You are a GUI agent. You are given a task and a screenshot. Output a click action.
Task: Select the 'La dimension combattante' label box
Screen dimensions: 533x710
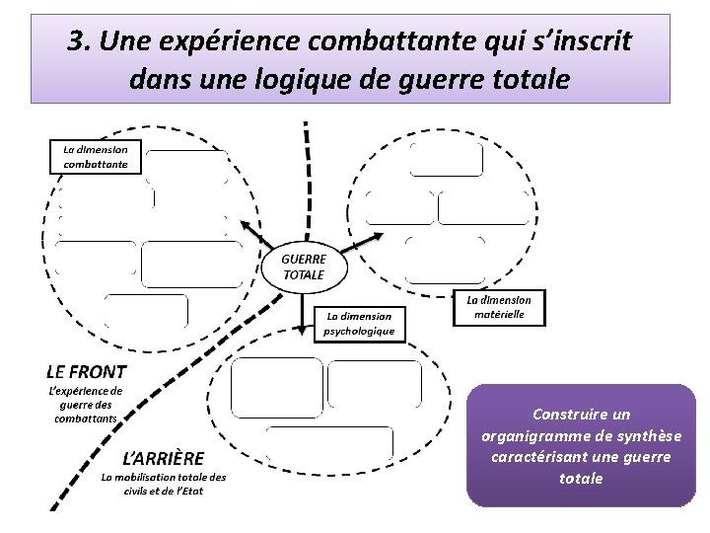pos(96,156)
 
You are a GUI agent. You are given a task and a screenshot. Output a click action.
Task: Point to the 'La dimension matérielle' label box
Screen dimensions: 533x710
pos(498,307)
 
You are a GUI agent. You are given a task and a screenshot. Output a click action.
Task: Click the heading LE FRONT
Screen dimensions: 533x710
pos(87,372)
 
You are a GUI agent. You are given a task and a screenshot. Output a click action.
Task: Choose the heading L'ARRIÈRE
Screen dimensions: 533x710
pos(163,458)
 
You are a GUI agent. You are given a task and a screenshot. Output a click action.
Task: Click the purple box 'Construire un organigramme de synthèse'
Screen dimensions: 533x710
pos(581,445)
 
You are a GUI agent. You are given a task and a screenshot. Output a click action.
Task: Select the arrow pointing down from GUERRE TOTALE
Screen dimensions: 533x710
pos(303,313)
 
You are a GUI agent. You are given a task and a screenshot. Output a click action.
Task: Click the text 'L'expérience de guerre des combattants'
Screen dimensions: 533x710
pos(86,405)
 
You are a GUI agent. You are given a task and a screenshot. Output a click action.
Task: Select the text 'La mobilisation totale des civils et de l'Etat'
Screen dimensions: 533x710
pos(164,484)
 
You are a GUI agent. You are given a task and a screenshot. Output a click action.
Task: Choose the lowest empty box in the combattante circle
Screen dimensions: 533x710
pos(146,310)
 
